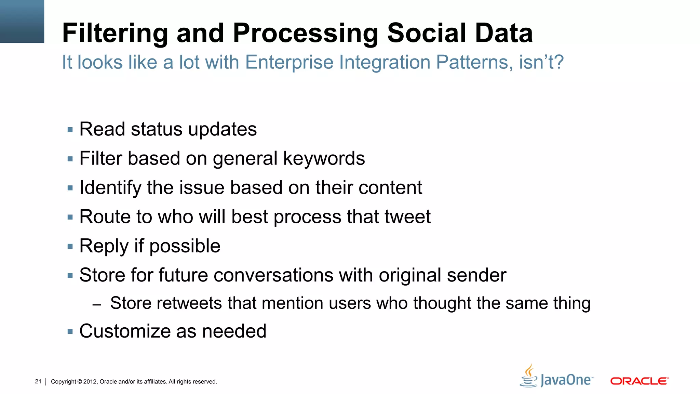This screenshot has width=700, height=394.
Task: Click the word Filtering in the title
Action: [x=115, y=33]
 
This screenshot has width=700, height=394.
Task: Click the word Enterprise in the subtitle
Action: [x=289, y=62]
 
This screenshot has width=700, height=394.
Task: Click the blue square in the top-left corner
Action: [x=22, y=21]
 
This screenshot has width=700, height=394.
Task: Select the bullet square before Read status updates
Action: [x=70, y=130]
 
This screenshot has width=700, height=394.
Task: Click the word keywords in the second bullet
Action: [x=324, y=159]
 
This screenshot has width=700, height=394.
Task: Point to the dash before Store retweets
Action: [x=97, y=304]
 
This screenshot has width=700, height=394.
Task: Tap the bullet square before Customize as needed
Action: [x=70, y=331]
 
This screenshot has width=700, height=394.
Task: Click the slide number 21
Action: [x=38, y=381]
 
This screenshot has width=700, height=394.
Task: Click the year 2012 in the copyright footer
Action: [x=90, y=382]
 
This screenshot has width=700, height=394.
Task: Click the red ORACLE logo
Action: [x=639, y=381]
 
